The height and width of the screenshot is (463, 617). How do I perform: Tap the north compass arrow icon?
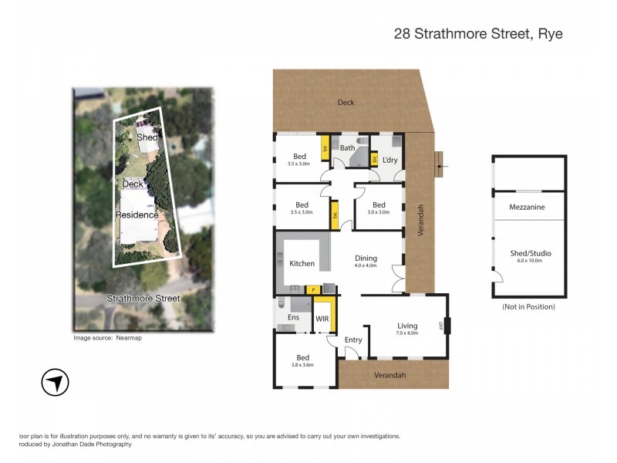click(55, 382)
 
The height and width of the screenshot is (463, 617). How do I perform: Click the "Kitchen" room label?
click(302, 264)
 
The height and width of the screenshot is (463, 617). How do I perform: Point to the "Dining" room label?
click(366, 259)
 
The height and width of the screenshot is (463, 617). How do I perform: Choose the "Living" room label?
click(406, 325)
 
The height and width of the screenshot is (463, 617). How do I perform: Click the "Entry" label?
click(353, 340)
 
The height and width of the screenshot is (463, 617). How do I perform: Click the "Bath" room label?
click(347, 147)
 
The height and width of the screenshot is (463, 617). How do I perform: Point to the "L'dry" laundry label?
click(389, 160)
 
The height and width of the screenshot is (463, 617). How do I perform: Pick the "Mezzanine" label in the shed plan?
click(527, 207)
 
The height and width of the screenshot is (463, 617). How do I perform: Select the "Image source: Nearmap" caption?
click(107, 338)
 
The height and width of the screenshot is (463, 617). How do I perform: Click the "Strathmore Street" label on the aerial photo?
click(143, 299)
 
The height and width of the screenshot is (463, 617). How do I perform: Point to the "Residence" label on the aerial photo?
click(137, 215)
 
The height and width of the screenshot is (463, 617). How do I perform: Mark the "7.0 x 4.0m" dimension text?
click(406, 333)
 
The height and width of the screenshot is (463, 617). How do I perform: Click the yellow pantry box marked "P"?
click(313, 289)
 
